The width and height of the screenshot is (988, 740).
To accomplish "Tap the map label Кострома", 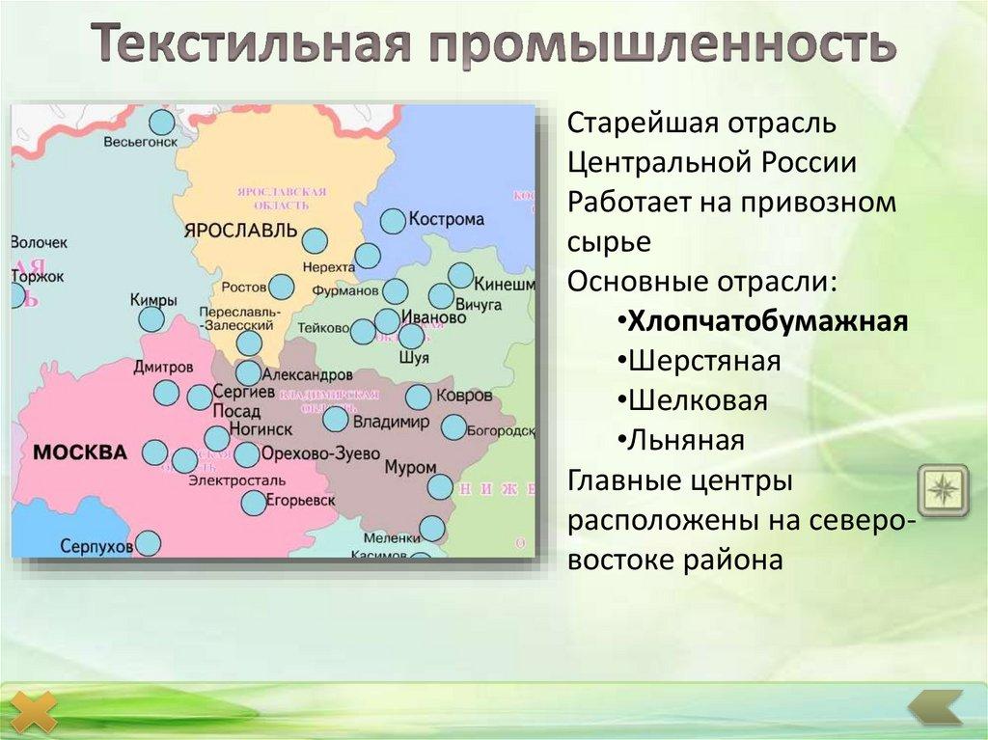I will tap(446, 219).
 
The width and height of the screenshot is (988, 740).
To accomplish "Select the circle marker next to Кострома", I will tap(393, 221).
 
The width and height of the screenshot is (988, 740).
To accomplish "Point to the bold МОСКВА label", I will tap(79, 452).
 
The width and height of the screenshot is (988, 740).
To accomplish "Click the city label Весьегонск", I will tap(141, 141).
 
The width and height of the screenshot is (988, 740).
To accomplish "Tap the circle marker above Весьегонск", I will tap(162, 122).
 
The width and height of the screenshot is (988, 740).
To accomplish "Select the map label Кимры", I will tap(153, 300).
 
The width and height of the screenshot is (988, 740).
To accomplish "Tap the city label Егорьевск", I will tap(301, 502).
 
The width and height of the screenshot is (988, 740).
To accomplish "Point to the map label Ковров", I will tap(464, 396).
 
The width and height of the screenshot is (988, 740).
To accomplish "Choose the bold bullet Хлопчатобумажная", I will tap(768, 321).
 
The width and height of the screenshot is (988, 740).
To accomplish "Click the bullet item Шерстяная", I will tap(704, 361).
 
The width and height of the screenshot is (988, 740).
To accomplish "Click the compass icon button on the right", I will tap(942, 490).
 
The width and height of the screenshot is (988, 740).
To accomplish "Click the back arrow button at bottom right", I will tap(935, 706).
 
